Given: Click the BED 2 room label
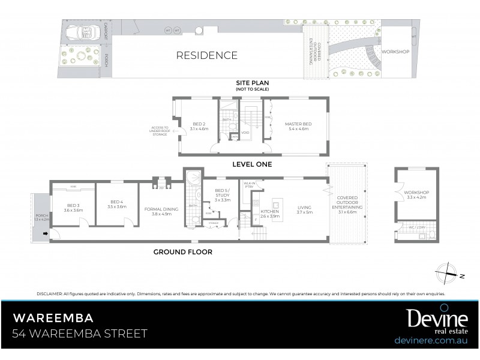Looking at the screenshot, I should click(199, 125).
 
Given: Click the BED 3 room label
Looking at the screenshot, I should click(73, 208).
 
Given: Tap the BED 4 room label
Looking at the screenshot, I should click(117, 205).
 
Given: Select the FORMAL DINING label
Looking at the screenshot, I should click(161, 211).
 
